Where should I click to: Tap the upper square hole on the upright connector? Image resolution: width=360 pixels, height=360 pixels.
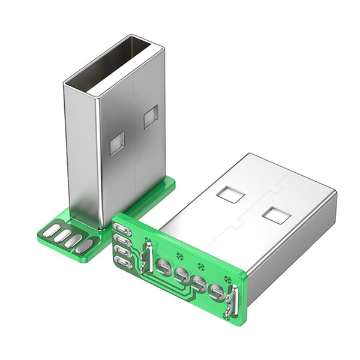pyautogui.click(x=151, y=116)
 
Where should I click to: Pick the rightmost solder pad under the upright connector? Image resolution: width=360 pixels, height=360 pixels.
pyautogui.click(x=85, y=245)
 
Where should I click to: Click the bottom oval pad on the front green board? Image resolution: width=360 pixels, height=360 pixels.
pyautogui.click(x=123, y=263)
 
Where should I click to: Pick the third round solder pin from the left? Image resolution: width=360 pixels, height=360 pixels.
pyautogui.click(x=199, y=283)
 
